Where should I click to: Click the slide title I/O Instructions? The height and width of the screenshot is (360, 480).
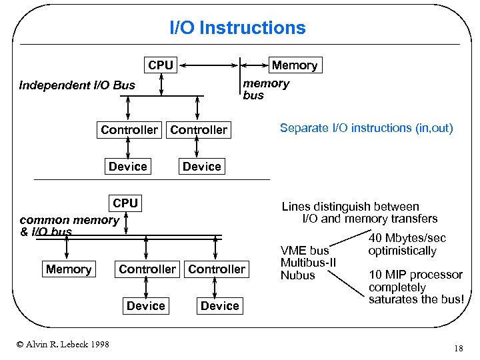(x=237, y=28)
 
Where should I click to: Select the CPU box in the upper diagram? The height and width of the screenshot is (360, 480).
(x=161, y=65)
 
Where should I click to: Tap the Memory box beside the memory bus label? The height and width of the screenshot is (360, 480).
(x=294, y=65)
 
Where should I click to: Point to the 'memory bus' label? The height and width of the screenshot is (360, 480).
(x=265, y=89)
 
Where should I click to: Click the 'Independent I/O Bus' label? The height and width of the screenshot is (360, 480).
(x=77, y=85)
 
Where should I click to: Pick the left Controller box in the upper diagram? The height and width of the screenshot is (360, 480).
(x=129, y=130)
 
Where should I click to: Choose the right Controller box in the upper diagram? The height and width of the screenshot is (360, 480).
(x=199, y=130)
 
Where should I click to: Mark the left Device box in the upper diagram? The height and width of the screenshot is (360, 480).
(x=127, y=167)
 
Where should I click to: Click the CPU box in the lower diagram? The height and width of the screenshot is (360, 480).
(x=125, y=203)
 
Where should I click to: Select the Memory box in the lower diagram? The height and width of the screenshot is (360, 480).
(x=69, y=269)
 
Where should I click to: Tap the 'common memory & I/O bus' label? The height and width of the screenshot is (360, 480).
(x=69, y=225)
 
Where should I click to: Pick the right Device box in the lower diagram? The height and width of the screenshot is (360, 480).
(x=219, y=306)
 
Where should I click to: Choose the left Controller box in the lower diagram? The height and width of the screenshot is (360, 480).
(x=147, y=269)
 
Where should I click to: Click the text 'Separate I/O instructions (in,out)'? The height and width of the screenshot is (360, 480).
(x=366, y=128)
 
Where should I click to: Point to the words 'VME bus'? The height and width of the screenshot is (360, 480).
(x=305, y=251)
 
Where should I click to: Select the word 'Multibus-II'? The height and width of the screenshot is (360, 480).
(x=308, y=263)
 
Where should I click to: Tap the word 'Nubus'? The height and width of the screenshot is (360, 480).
(x=297, y=275)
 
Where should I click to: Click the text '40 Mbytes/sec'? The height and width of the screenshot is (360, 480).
(x=407, y=239)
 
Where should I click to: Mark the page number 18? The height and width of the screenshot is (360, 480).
(x=458, y=349)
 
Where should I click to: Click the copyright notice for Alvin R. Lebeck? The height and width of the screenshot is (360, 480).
(x=63, y=344)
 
